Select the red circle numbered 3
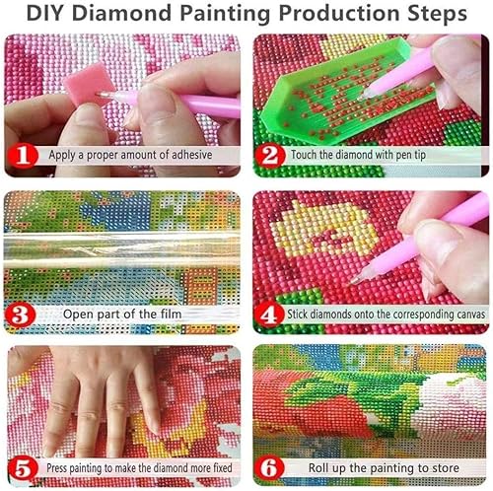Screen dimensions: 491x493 click(x=22, y=315)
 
